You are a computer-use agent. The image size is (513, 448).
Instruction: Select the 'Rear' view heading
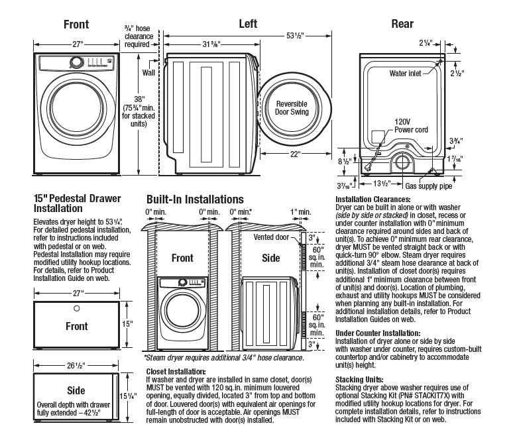point(402,25)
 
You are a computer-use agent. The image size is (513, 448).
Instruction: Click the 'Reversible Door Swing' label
point(292,108)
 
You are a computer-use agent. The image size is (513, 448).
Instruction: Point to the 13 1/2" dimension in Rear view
point(388,183)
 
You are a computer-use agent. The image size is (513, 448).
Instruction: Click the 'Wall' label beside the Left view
point(150,72)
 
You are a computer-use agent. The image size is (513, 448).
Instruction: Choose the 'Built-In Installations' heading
point(195,199)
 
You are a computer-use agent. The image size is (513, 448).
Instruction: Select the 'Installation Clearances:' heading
point(373,199)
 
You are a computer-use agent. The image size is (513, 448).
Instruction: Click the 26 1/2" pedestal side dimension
point(76,365)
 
